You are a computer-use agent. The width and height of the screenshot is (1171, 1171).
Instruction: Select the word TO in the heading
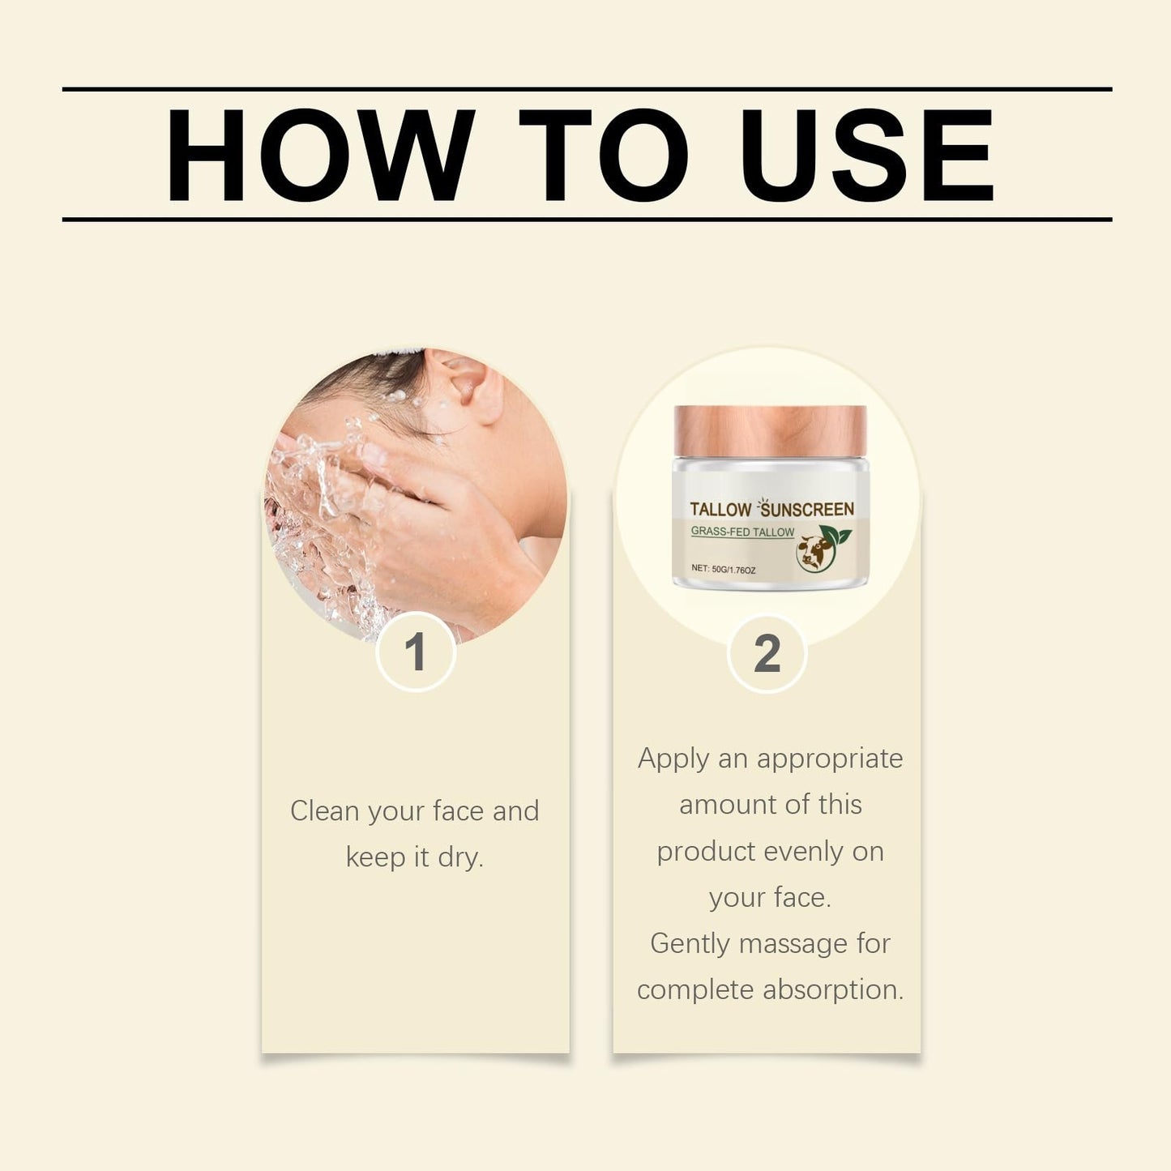point(604,155)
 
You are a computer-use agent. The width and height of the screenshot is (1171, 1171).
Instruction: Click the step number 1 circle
point(416,652)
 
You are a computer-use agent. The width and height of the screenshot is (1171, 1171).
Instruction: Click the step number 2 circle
point(767,652)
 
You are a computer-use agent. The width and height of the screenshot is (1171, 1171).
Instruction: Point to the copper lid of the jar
point(770,431)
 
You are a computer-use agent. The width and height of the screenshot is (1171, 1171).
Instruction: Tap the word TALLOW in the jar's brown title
point(720,509)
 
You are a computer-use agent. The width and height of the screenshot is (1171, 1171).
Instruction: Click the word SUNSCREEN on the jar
point(808,509)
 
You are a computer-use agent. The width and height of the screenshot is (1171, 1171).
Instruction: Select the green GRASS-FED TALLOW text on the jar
point(742,532)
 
